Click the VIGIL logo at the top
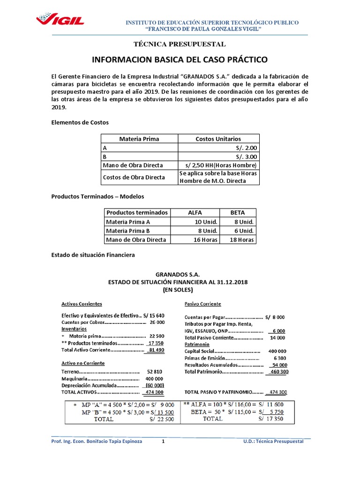pyautogui.click(x=60, y=21)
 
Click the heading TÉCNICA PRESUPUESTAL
pyautogui.click(x=180, y=44)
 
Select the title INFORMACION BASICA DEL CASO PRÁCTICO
pyautogui.click(x=180, y=60)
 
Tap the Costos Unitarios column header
pyautogui.click(x=218, y=139)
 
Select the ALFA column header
pyautogui.click(x=195, y=212)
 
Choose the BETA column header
pyautogui.click(x=238, y=212)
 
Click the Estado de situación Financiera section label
pyautogui.click(x=93, y=255)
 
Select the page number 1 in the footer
pyautogui.click(x=164, y=442)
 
